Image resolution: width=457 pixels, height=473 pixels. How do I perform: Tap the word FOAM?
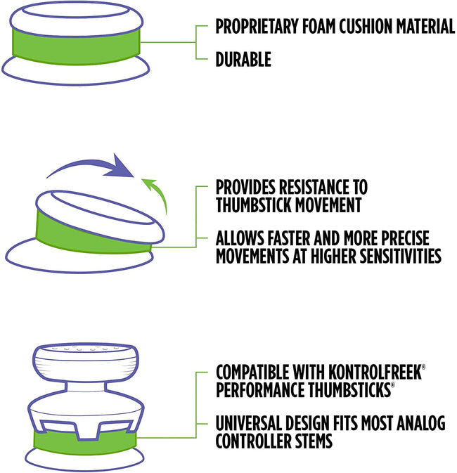[318, 26]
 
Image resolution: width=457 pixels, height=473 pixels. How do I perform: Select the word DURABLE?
[243, 59]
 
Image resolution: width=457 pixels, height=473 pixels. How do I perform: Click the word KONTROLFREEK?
[375, 372]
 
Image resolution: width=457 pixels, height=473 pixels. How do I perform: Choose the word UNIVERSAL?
[249, 423]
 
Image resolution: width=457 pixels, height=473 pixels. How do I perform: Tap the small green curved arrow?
[156, 195]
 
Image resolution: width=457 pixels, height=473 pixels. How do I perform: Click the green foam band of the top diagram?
[76, 47]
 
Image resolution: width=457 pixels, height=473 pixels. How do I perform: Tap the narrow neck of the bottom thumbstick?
[86, 388]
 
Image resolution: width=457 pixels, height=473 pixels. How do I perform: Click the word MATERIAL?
[425, 26]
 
